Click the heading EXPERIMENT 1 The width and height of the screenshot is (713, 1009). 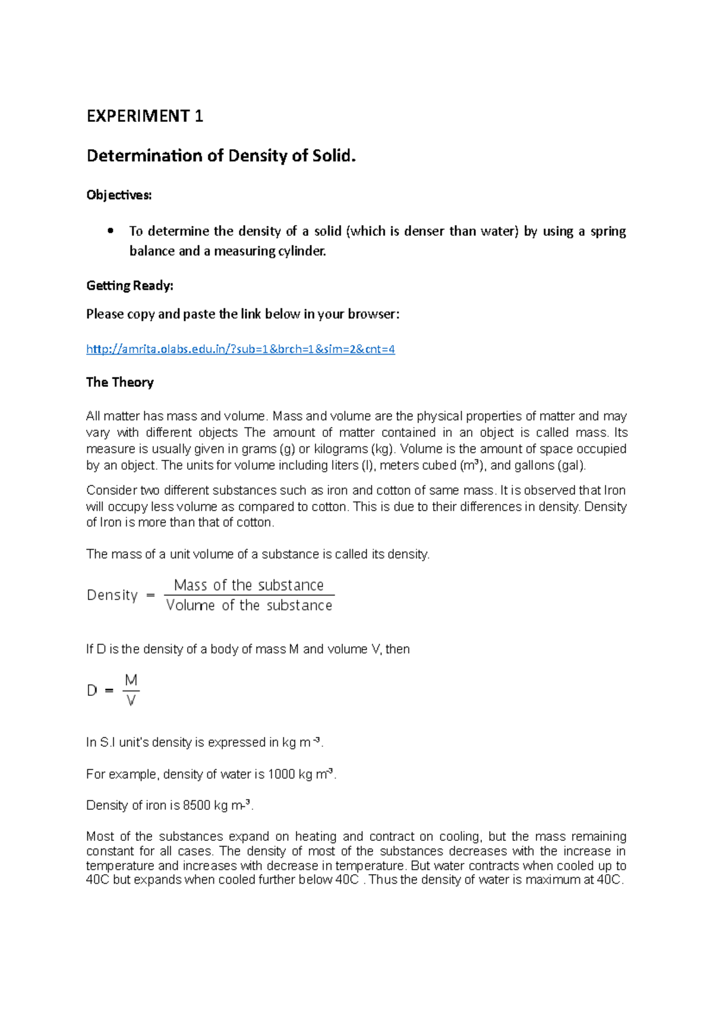144,116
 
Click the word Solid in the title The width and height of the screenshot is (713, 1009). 334,156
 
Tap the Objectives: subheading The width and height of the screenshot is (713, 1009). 119,195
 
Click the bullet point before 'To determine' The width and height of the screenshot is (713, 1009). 111,231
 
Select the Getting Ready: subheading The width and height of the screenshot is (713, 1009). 130,285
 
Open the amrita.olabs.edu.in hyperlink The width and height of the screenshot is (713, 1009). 240,349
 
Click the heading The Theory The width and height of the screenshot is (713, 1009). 119,382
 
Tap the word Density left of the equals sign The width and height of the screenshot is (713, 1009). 112,595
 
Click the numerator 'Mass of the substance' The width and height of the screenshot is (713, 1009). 248,585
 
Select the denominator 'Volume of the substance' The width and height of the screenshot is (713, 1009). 248,606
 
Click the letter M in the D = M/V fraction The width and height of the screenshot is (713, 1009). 131,680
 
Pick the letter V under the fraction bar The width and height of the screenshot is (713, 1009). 131,701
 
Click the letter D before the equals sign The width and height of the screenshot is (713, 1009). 92,690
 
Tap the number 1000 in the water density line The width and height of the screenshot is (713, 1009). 281,774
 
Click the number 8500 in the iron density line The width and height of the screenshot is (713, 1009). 196,806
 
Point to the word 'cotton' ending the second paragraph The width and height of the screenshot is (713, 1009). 254,522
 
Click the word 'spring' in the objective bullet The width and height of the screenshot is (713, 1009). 608,231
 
